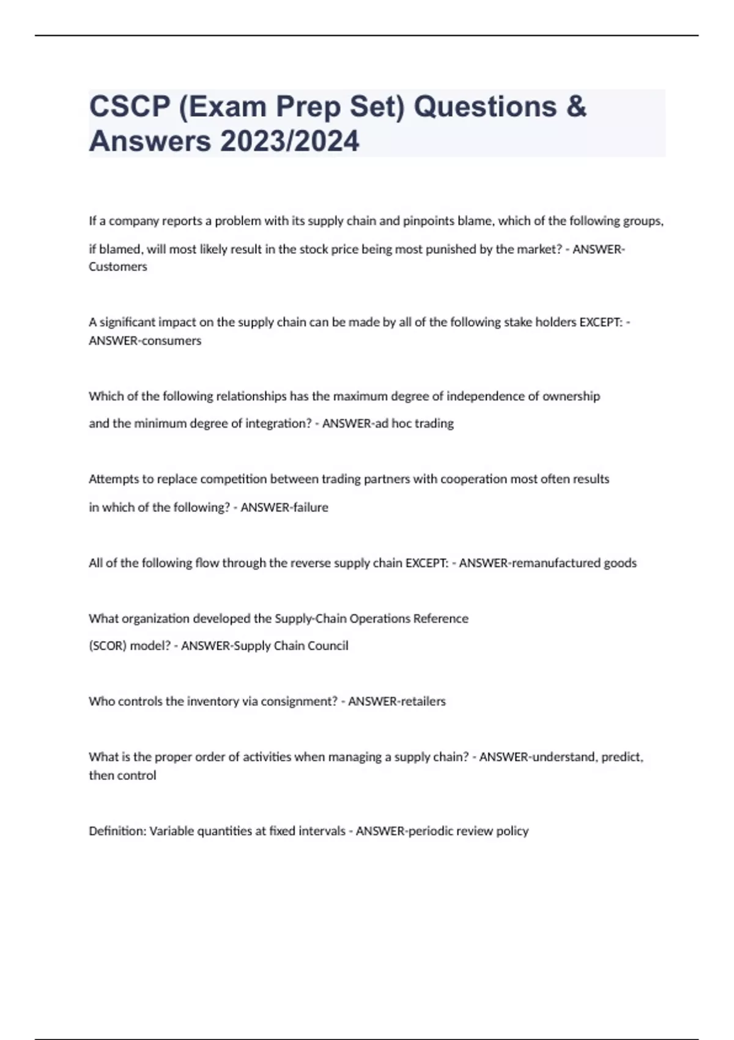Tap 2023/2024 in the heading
click(x=290, y=141)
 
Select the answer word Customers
click(x=118, y=267)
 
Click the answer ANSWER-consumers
click(x=145, y=341)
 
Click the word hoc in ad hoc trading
click(x=401, y=423)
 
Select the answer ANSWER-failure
click(x=284, y=507)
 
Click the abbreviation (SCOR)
click(x=107, y=646)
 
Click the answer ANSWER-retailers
click(x=397, y=702)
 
